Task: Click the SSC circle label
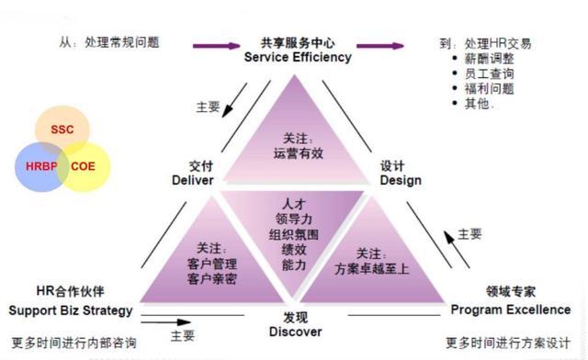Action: (62, 130)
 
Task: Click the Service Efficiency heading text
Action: (298, 57)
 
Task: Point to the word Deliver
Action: (192, 180)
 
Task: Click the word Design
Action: (401, 180)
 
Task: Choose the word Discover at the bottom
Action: (296, 332)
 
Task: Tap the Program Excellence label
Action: (510, 309)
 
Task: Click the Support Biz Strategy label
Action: (72, 310)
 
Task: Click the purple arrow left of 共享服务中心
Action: (215, 43)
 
